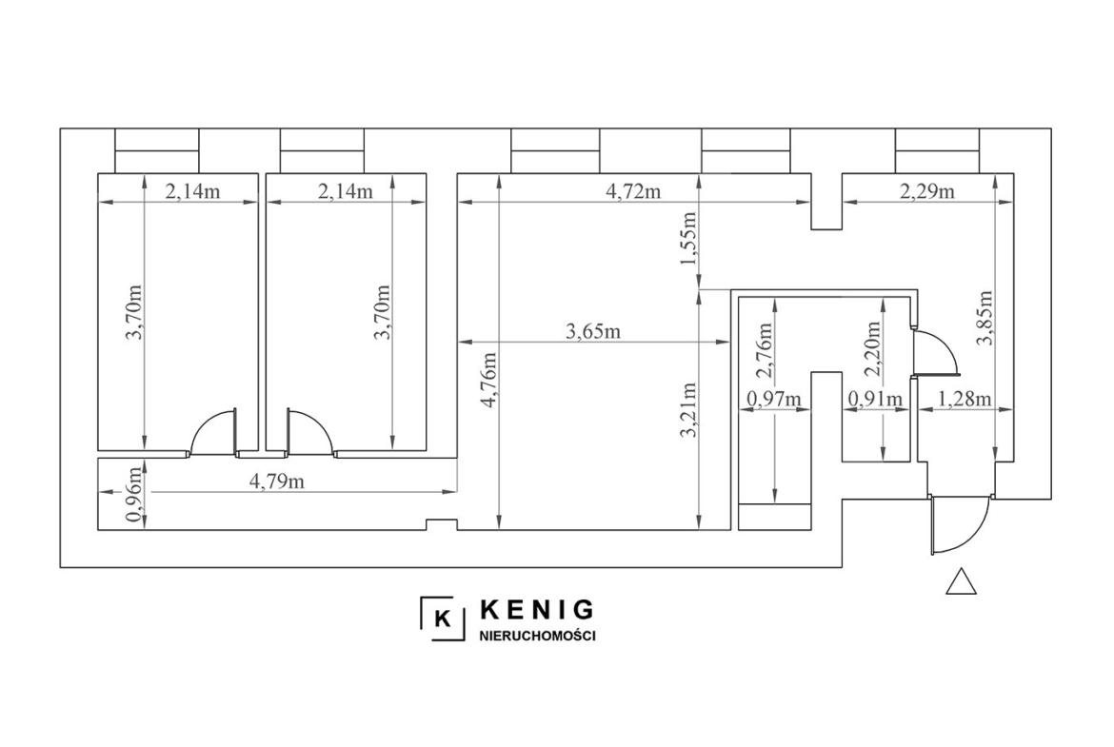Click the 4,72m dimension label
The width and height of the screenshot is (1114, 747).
pyautogui.click(x=634, y=191)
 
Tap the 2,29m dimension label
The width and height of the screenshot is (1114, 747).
pyautogui.click(x=928, y=191)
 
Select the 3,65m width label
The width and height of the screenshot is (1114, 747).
pyautogui.click(x=593, y=331)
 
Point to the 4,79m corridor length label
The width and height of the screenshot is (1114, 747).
pyautogui.click(x=277, y=482)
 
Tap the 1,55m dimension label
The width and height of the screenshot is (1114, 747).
pyautogui.click(x=687, y=238)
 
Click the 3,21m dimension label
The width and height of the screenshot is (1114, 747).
pyautogui.click(x=687, y=410)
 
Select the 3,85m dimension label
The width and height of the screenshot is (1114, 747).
pyautogui.click(x=984, y=318)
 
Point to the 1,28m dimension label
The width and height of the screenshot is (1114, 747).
pyautogui.click(x=965, y=399)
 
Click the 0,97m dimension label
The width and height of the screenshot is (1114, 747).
pyautogui.click(x=774, y=399)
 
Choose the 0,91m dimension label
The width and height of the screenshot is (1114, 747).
pyautogui.click(x=876, y=399)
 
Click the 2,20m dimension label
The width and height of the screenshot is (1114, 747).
pyautogui.click(x=873, y=348)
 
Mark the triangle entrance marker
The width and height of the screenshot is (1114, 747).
pyautogui.click(x=962, y=581)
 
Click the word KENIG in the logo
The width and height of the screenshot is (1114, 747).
pyautogui.click(x=538, y=609)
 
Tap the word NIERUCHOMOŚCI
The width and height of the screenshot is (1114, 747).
pyautogui.click(x=538, y=636)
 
